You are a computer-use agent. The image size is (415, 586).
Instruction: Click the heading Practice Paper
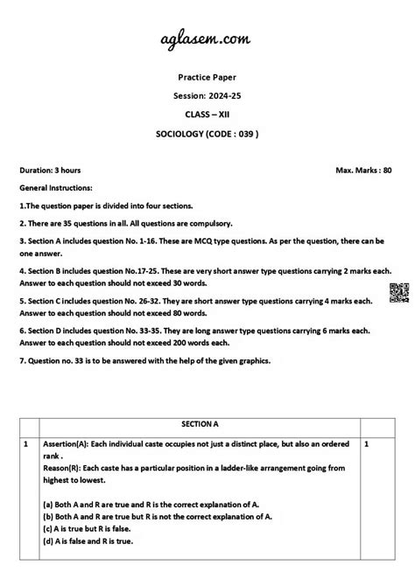point(207,77)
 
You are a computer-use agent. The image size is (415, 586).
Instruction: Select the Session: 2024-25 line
point(207,94)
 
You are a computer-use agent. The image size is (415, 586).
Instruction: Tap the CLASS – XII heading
point(207,113)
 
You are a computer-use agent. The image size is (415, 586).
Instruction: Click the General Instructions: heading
point(61,187)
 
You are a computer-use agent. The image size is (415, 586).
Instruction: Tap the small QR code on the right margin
point(395,293)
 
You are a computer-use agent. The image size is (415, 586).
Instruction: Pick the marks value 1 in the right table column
point(366,444)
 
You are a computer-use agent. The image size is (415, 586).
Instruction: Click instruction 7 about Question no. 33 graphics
point(153,361)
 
